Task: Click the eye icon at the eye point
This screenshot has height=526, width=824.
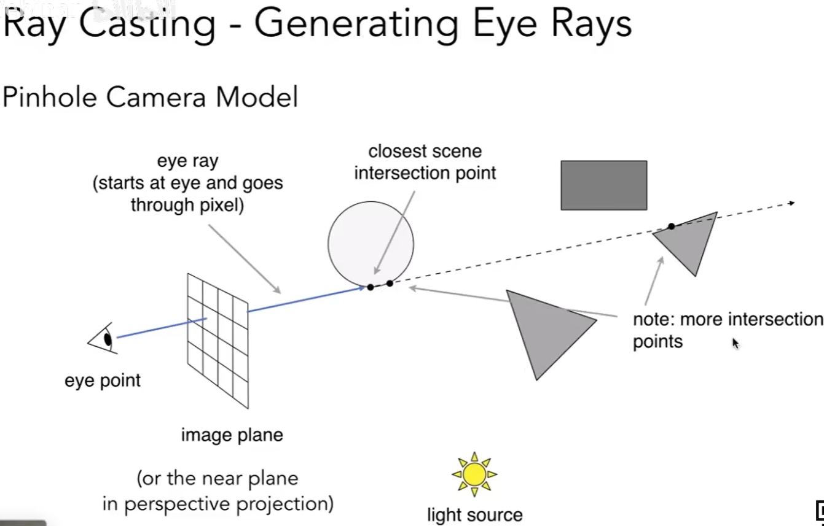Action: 103,338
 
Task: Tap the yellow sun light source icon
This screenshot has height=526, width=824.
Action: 474,474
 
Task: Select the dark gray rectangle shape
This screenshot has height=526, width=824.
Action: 603,185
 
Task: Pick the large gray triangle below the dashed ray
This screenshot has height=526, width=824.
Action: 544,329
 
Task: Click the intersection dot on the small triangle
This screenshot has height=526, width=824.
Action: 672,226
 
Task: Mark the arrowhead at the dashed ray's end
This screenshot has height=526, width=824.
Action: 791,203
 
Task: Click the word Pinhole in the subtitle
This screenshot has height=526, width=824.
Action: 49,98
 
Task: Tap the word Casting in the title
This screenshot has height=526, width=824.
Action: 147,24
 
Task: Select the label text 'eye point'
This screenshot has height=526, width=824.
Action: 103,381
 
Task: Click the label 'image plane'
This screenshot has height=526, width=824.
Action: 232,435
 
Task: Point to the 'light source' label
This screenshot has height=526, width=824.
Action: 474,514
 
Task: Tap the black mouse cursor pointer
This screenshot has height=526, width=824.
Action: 735,343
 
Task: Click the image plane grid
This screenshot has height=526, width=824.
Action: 218,341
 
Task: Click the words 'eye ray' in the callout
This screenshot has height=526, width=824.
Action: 187,161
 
